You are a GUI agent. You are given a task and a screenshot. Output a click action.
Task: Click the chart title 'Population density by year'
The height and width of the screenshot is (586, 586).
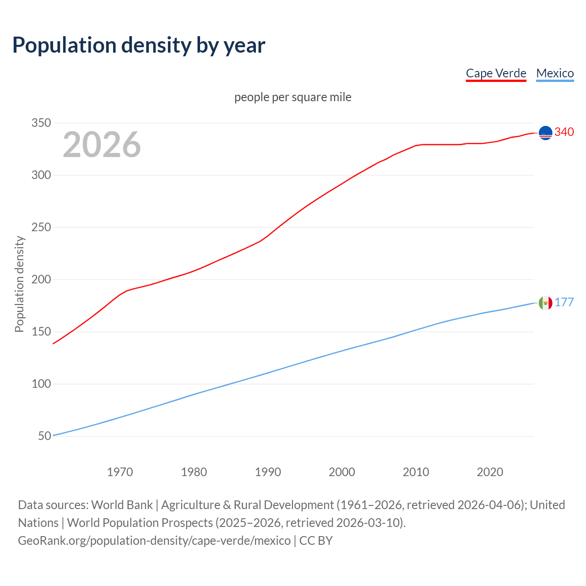(139, 45)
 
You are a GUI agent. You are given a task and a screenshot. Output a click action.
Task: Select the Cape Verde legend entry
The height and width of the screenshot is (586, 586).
(496, 73)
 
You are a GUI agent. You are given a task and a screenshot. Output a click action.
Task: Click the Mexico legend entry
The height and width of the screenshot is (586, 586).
(555, 73)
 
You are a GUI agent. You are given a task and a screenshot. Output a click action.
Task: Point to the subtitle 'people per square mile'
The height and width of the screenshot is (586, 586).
(293, 97)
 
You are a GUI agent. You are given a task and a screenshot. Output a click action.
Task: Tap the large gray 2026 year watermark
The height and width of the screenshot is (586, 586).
(102, 145)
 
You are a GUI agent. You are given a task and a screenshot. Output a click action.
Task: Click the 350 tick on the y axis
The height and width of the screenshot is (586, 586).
(41, 123)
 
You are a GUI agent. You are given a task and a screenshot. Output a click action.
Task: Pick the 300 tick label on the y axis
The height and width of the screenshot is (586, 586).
(41, 175)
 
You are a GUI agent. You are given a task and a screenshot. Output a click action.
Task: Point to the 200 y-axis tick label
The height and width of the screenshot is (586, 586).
(41, 280)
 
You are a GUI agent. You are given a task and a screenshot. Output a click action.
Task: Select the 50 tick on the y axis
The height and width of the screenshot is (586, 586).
(44, 436)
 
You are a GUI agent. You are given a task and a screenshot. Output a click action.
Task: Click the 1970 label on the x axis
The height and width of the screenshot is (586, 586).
(120, 472)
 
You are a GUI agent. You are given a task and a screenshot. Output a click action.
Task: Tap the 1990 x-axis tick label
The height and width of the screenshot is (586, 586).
(268, 472)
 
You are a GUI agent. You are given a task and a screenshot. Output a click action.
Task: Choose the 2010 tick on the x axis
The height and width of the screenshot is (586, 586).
(416, 472)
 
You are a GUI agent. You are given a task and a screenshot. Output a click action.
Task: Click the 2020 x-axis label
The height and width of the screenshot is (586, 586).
(490, 472)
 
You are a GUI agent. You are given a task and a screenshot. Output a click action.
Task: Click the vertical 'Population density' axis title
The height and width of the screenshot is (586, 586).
(19, 284)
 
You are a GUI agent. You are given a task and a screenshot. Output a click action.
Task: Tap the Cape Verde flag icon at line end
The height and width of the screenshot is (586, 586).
(545, 133)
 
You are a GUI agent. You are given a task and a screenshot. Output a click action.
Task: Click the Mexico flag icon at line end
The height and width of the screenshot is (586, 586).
(545, 303)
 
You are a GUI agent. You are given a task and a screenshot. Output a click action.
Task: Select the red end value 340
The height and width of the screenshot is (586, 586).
(564, 132)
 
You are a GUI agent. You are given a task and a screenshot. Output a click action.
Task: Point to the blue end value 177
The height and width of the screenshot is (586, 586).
(564, 302)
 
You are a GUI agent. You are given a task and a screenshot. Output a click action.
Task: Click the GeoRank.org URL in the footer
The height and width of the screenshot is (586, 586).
(154, 541)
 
